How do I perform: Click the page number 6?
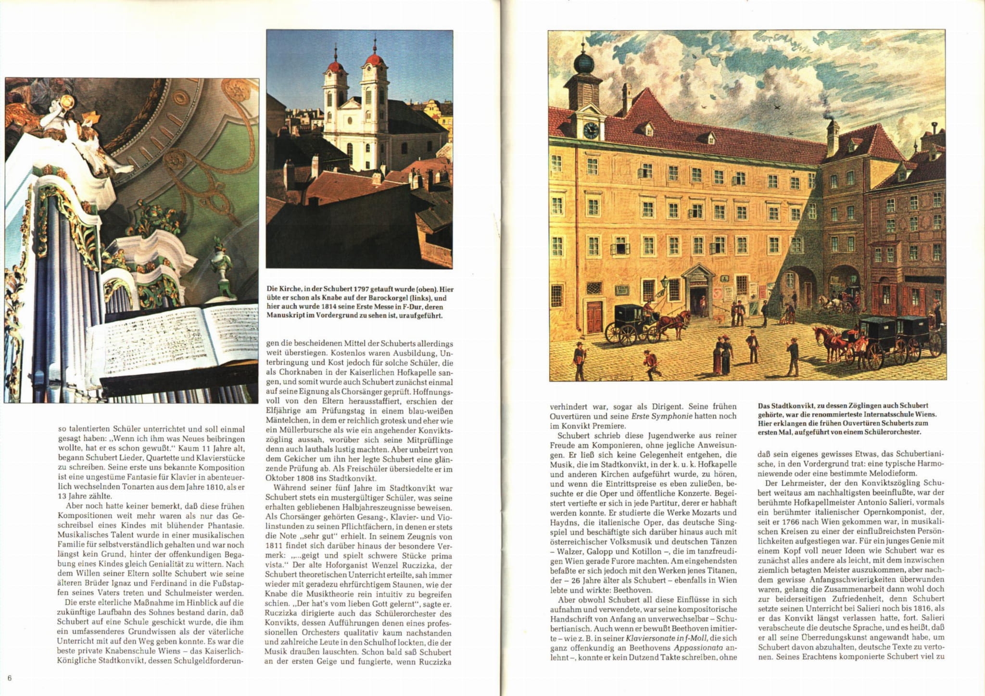10,678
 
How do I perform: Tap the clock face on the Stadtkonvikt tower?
590,130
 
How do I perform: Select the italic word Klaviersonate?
648,638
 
